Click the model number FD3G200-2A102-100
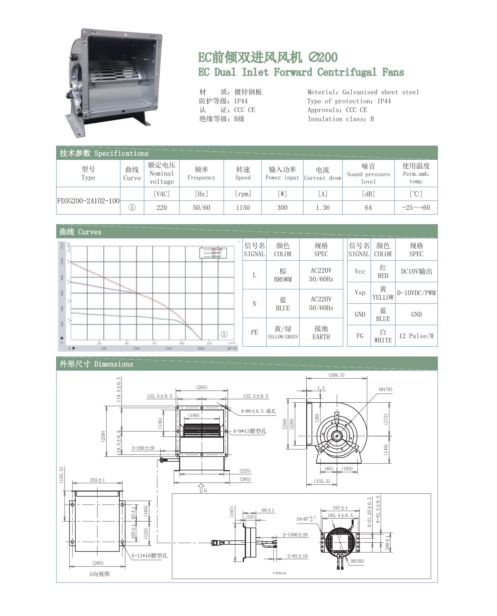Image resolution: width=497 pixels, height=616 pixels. pos(88,201)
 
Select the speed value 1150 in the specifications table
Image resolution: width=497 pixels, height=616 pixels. pos(243,208)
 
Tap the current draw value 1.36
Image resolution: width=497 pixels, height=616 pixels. pos(323,208)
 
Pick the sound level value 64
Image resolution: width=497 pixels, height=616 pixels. pos(368,208)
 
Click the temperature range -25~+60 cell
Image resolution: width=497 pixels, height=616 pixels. pos(416,208)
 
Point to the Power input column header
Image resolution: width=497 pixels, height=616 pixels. pos(282,173)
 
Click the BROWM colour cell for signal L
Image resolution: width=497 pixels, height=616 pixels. pos(283,275)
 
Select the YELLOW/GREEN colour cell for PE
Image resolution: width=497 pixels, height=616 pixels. pos(283,333)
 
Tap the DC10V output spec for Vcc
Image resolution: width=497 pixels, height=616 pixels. pos(416,271)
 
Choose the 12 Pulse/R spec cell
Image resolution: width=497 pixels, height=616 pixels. pos(416,336)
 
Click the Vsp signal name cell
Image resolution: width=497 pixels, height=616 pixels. pos(360,293)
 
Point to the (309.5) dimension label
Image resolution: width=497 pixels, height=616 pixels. pos(336,375)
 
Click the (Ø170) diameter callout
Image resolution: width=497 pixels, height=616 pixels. pos(385,389)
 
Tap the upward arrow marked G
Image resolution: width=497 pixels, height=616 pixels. pos(201,488)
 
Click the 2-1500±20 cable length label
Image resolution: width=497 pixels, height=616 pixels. pos(295,535)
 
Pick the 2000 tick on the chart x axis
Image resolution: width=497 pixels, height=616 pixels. pos(201,348)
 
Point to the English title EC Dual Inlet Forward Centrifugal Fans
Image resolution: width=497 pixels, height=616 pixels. pos(301,72)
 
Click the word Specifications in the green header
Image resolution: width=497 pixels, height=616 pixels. pos(121,153)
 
